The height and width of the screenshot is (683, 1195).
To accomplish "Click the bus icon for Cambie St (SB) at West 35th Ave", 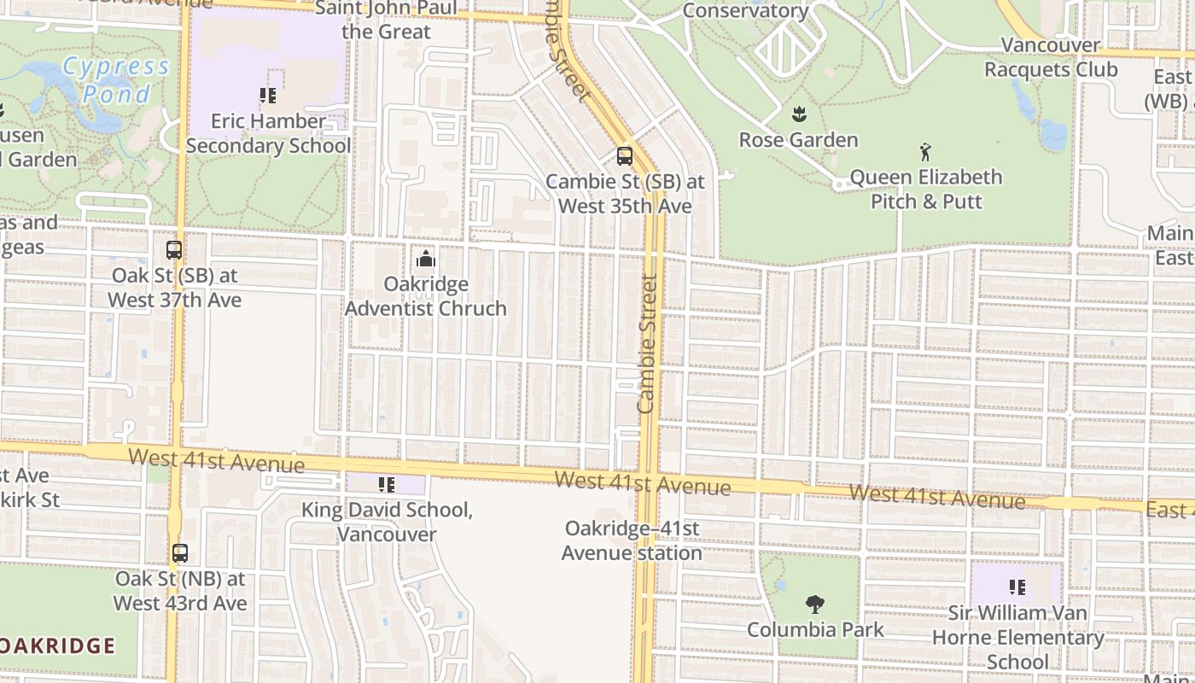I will (625, 156).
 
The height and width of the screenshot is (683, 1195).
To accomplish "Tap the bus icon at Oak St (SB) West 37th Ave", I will (174, 250).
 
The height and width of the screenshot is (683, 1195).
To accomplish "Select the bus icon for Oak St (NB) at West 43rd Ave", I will (179, 553).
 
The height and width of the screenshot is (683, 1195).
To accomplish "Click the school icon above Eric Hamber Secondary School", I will (268, 96).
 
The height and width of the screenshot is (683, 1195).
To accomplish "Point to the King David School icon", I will (387, 485).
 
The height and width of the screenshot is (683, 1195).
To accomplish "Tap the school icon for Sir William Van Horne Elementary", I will (1017, 587).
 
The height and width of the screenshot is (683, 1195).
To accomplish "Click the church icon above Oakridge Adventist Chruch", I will (425, 258).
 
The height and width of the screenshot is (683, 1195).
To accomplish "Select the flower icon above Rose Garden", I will (799, 114).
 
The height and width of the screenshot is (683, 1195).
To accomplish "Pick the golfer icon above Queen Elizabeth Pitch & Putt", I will (925, 153).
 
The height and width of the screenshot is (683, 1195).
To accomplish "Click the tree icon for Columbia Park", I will (815, 604).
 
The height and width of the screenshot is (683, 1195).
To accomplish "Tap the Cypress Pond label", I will (116, 79).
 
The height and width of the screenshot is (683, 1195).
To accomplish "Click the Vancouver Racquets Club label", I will (1051, 57).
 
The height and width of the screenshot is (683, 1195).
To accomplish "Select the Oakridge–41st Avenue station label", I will (632, 540).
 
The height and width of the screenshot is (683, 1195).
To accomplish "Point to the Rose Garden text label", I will (798, 140).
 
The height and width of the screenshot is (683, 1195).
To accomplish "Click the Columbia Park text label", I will (815, 630).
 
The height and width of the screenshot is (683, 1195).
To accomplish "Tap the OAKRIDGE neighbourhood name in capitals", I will (57, 645).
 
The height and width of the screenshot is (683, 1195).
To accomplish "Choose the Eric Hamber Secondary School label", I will (268, 133).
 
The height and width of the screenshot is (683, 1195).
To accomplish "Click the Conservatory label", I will (746, 11).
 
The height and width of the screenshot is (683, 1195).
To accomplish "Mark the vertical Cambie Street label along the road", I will (647, 343).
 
